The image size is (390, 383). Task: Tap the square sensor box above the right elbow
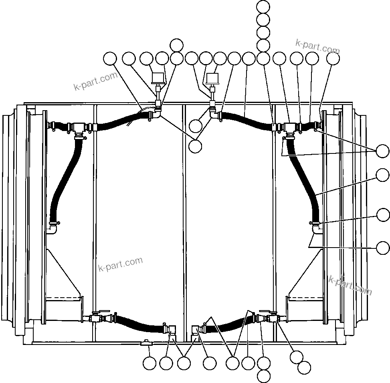(212, 77)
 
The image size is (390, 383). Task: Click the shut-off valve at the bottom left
(96, 318)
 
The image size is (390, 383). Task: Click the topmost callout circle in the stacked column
(263, 6)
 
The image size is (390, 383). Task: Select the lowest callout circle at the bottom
(263, 376)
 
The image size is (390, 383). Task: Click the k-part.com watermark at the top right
(317, 47)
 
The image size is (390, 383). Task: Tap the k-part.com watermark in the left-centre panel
(120, 264)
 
